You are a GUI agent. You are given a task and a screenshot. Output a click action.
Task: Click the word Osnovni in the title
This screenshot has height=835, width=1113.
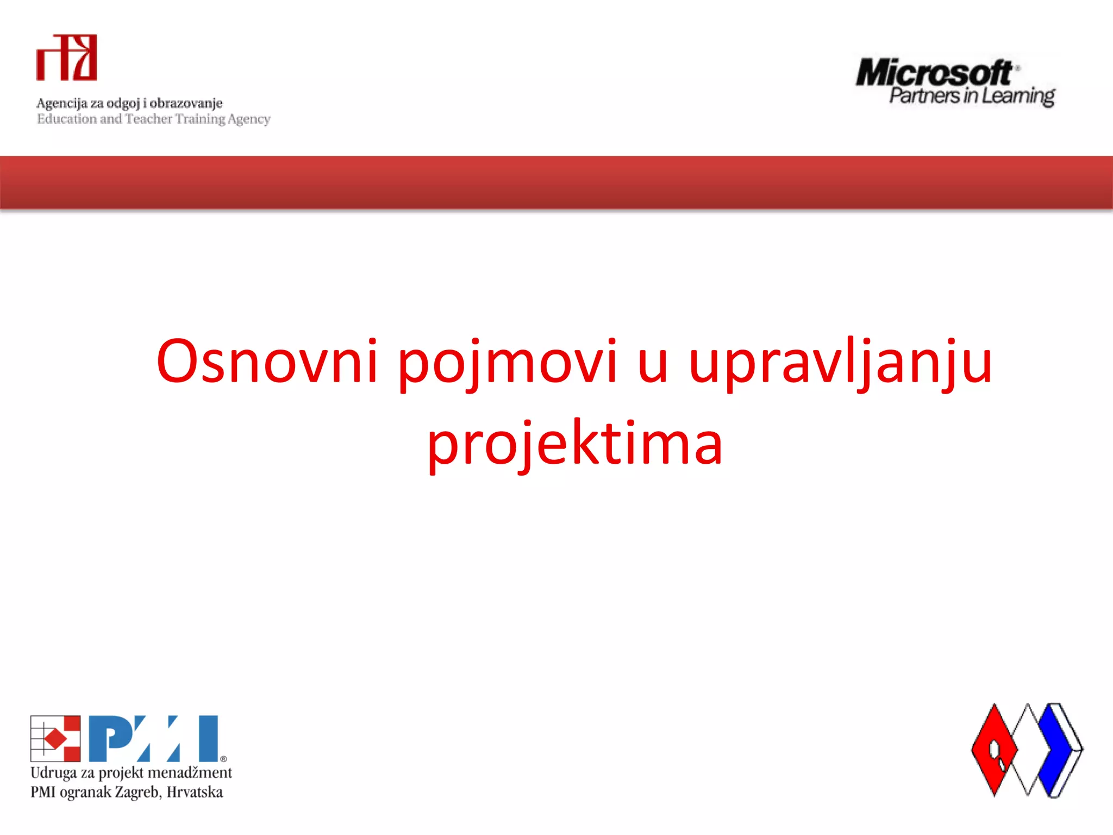(266, 362)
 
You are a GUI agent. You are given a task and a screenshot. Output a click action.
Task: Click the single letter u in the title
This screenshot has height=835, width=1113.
(653, 364)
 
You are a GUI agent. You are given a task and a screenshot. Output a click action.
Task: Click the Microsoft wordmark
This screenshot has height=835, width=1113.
(934, 73)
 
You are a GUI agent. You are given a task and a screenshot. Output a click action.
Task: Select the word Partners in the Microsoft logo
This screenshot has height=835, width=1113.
(924, 96)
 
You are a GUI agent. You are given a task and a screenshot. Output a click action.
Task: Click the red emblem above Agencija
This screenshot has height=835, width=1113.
(66, 58)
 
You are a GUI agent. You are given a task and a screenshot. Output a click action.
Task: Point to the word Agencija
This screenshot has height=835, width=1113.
(61, 103)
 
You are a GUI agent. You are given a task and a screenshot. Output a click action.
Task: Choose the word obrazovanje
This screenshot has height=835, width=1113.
(186, 103)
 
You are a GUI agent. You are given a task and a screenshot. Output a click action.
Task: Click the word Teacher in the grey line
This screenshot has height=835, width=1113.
(148, 119)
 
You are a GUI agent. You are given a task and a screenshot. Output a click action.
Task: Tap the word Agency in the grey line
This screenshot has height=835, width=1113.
(249, 119)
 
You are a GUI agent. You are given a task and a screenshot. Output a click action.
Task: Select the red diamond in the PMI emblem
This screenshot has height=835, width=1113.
(55, 739)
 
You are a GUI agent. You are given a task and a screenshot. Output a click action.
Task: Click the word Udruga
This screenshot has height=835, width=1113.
(53, 772)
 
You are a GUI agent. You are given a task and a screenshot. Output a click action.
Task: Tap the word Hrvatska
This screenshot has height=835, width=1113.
(195, 792)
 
